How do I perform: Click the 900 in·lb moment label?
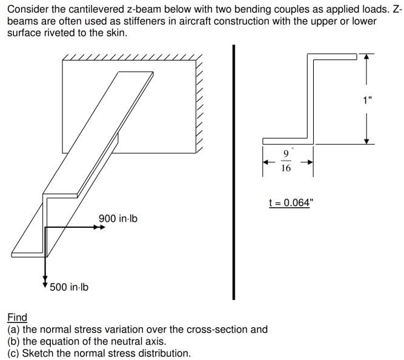coord(118,218)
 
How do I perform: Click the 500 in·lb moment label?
coord(69,287)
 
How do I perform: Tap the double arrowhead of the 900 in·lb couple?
coord(99,227)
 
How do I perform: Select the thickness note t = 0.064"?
coord(290,202)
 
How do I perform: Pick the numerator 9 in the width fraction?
coord(286,154)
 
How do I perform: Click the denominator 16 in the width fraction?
coord(286,168)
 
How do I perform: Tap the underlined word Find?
coord(18,317)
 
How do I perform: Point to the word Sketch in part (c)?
coord(38,353)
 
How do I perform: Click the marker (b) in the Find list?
coord(14,341)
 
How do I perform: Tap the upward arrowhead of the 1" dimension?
coord(367,57)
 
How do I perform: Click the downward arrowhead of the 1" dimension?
coord(367,141)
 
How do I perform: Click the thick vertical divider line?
coord(234,172)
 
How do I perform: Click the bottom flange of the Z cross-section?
coord(288,141)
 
